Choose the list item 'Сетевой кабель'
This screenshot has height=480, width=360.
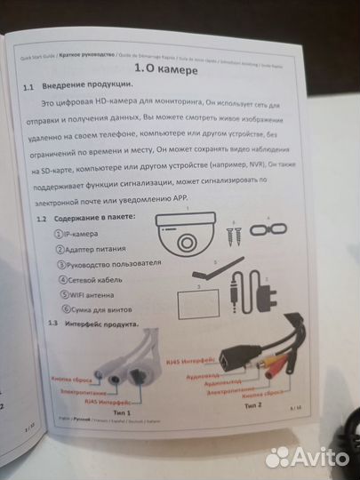tap(92, 279)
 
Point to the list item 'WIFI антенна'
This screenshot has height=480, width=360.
tap(88, 294)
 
